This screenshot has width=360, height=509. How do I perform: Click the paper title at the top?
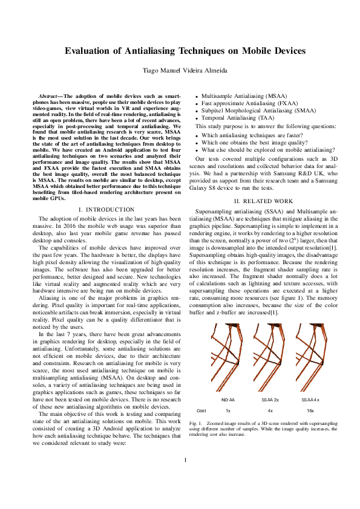click(185, 51)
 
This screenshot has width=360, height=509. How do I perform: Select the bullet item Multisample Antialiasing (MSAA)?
click(235, 96)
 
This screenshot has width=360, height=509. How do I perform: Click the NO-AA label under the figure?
click(228, 400)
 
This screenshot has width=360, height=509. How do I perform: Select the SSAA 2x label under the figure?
click(269, 400)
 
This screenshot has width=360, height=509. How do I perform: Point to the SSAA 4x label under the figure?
click(310, 400)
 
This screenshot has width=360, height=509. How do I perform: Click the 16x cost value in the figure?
click(310, 410)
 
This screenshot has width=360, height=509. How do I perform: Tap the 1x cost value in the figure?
click(228, 410)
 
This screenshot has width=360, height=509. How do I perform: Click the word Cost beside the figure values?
click(201, 410)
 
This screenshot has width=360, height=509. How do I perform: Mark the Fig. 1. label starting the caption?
click(196, 423)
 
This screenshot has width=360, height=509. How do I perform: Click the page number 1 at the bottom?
click(185, 476)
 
